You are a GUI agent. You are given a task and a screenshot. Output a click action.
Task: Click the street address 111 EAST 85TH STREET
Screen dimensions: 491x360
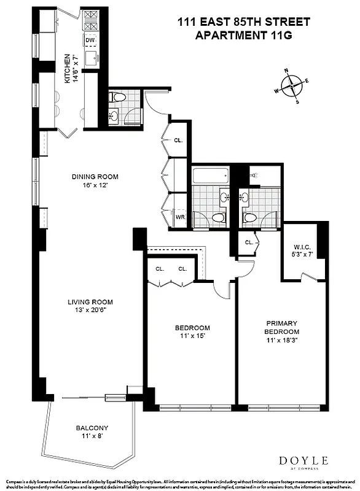(x=243, y=23)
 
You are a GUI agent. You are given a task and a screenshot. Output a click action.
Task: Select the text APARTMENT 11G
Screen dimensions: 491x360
(x=243, y=36)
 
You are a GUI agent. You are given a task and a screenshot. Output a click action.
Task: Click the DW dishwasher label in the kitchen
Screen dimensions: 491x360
(x=90, y=41)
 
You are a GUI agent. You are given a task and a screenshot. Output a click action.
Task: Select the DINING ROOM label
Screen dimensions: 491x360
(x=95, y=177)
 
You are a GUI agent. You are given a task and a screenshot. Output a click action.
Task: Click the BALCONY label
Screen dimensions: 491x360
(x=92, y=428)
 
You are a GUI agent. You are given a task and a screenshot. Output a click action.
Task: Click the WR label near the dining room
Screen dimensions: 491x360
(x=181, y=217)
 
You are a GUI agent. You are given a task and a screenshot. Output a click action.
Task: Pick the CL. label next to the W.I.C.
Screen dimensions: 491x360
(x=249, y=242)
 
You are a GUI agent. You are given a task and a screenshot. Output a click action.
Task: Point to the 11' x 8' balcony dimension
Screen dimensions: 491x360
(x=92, y=436)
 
